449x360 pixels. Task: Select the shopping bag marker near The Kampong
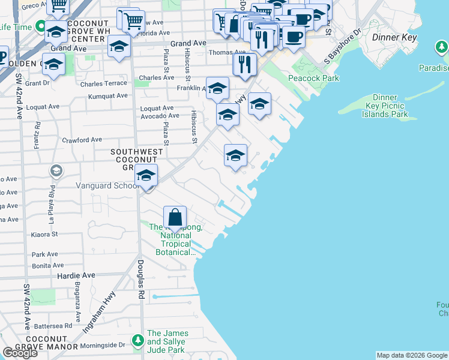[175, 218]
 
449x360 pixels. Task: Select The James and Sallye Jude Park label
[167, 341]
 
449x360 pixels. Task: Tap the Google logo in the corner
[20, 353]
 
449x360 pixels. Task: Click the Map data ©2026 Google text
[412, 355]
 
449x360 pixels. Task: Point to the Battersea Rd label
[52, 325]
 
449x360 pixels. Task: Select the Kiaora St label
[45, 234]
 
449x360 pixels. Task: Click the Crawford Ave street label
[82, 140]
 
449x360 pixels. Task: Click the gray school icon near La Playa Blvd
[56, 172]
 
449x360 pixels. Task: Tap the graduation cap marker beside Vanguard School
[146, 176]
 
